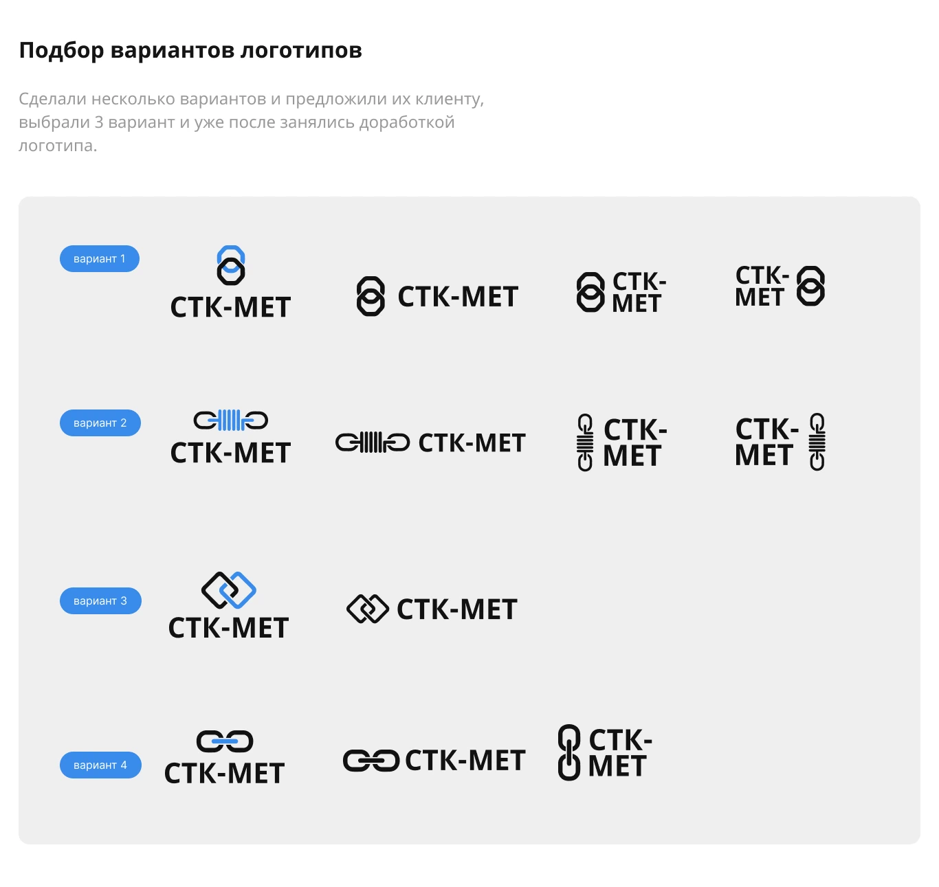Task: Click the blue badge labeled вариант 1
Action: point(99,258)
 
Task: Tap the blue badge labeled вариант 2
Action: point(100,423)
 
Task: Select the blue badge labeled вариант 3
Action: point(100,600)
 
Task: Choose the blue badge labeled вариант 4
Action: point(100,765)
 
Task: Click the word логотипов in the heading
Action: point(301,51)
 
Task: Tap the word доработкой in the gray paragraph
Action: point(407,122)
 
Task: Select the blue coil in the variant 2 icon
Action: point(231,420)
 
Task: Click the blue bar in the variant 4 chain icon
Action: point(225,741)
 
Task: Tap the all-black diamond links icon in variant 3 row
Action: point(367,609)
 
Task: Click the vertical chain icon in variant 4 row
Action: point(568,752)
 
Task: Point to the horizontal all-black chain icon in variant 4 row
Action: point(371,761)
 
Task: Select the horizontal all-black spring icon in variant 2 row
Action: point(372,442)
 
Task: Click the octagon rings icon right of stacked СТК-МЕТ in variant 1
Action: point(810,286)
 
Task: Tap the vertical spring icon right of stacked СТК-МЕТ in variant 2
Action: point(817,442)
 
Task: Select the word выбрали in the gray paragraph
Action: point(54,122)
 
